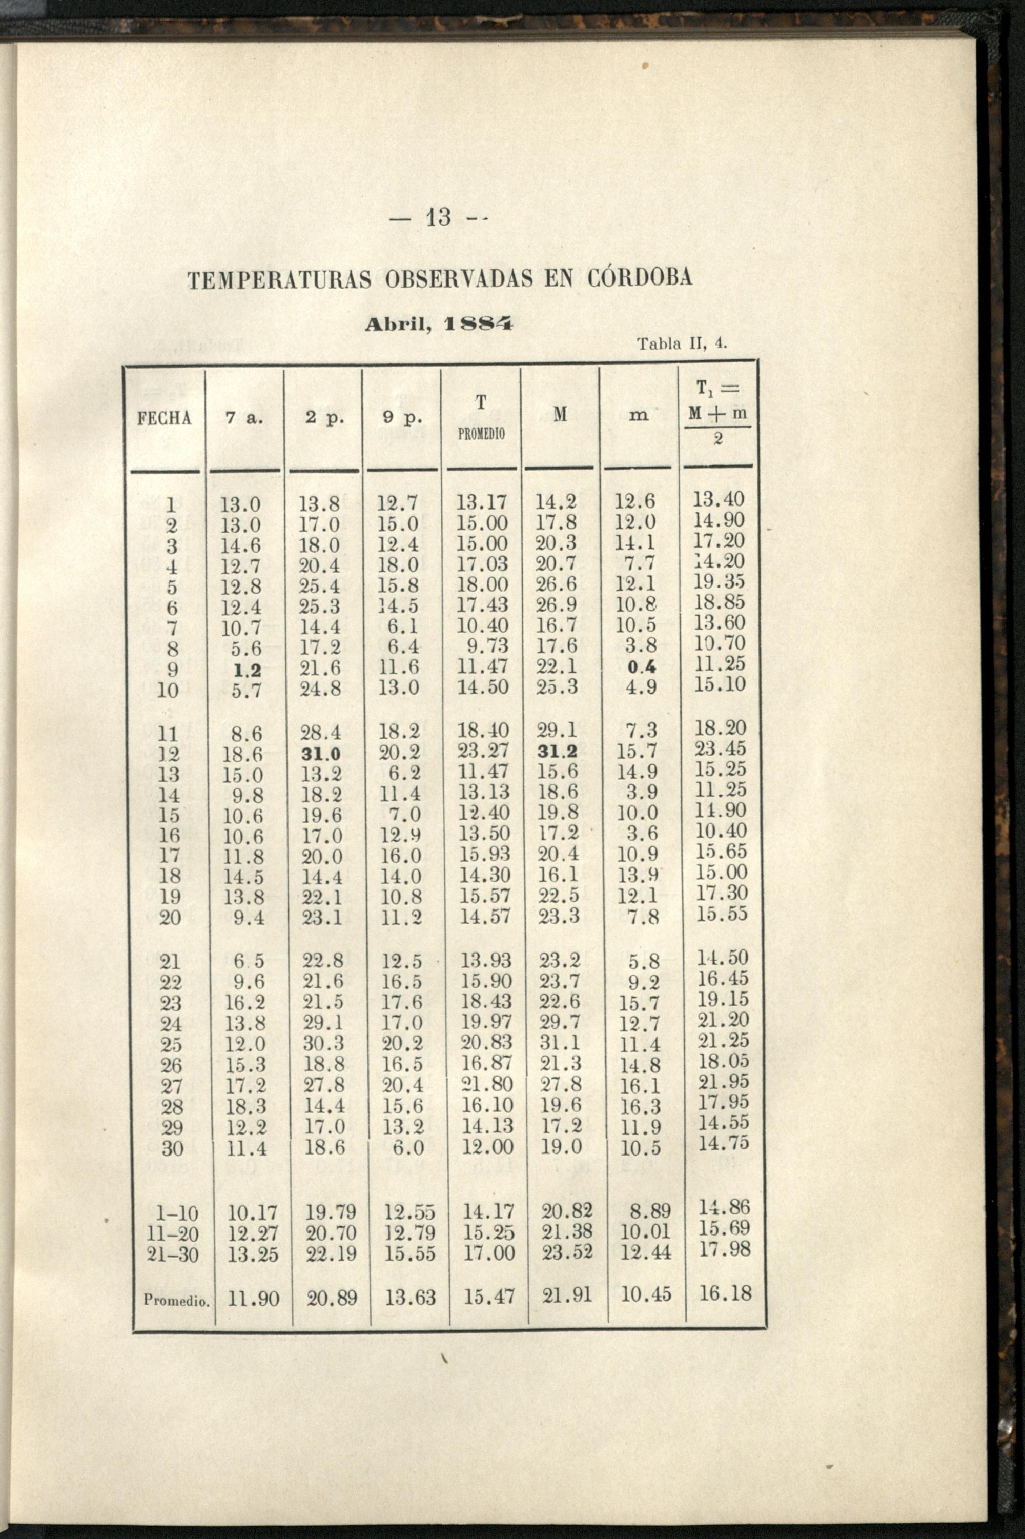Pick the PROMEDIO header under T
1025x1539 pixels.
pos(481,434)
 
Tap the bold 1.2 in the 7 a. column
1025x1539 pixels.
pos(248,670)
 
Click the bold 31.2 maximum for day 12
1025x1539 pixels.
pos(557,753)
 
